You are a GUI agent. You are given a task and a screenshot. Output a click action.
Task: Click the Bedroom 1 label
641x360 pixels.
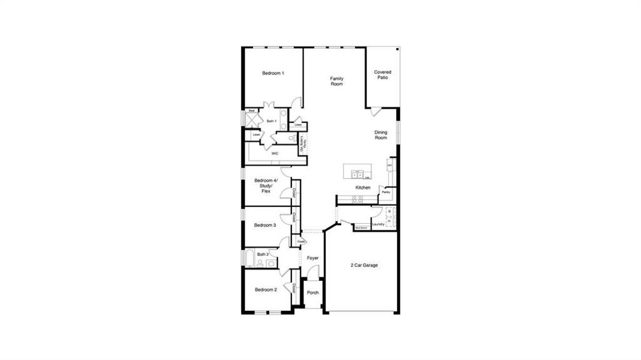(273, 73)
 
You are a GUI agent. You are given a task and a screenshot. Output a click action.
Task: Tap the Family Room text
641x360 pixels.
(336, 81)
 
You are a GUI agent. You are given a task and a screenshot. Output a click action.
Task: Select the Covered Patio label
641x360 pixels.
(383, 75)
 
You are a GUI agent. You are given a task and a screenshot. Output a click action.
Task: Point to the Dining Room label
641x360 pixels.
(381, 135)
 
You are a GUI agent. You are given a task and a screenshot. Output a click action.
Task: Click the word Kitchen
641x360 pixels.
(363, 188)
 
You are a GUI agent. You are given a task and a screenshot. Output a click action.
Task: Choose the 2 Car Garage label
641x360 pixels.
(364, 265)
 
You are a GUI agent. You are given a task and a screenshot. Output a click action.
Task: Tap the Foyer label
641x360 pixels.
(312, 258)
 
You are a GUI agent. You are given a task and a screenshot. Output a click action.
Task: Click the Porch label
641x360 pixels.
(312, 293)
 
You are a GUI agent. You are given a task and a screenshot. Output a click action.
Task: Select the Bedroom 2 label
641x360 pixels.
(266, 290)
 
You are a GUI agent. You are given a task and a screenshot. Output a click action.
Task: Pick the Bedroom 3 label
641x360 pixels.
(264, 226)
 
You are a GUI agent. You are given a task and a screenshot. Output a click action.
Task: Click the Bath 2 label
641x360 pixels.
(262, 254)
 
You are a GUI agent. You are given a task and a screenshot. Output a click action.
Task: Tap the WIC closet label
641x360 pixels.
(275, 154)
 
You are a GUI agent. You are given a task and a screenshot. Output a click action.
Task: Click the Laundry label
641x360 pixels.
(378, 224)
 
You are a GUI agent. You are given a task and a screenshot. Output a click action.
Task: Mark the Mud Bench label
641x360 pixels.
(361, 228)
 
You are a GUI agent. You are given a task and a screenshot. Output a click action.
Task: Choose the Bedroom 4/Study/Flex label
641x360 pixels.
(266, 186)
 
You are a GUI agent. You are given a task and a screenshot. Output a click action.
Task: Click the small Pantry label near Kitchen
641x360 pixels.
(386, 192)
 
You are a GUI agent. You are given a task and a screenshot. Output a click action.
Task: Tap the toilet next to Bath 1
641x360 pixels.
(291, 138)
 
